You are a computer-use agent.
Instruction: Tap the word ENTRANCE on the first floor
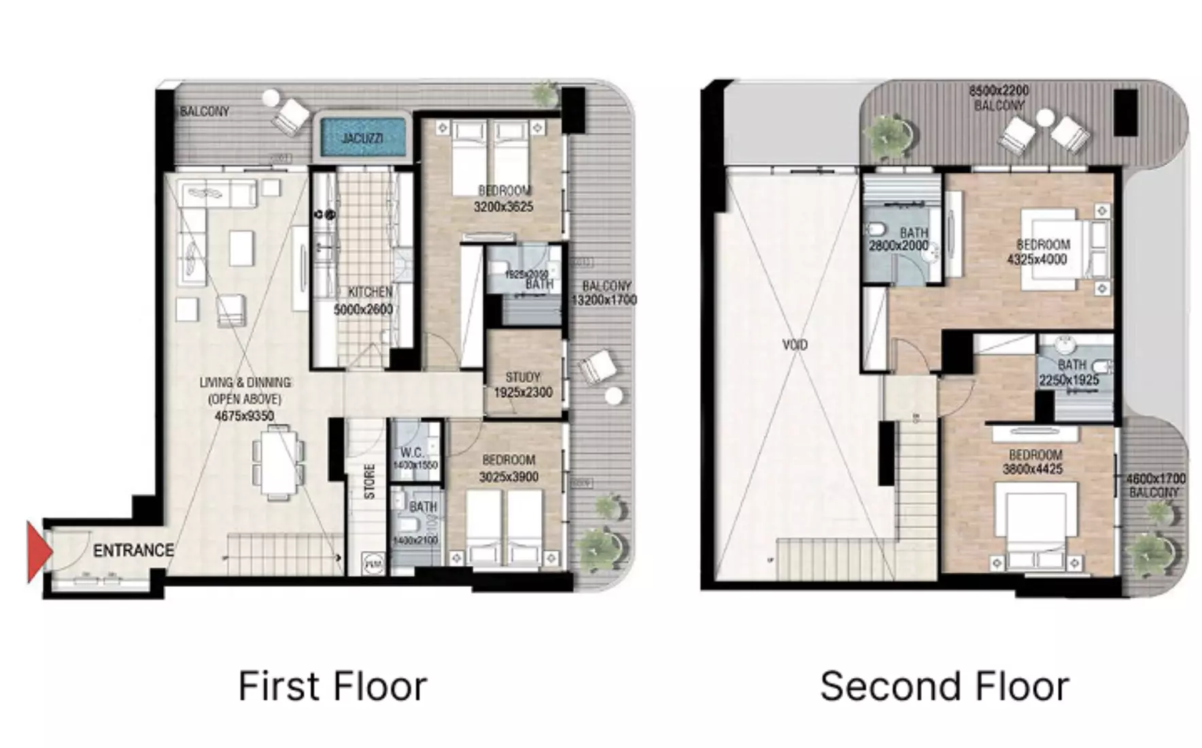click(133, 550)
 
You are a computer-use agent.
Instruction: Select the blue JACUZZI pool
click(362, 138)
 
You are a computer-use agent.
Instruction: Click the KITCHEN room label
click(370, 292)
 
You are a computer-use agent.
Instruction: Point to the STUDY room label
click(523, 377)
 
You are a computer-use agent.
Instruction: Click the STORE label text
click(369, 481)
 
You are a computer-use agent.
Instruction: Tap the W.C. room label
click(411, 453)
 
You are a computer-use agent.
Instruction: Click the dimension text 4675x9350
click(244, 415)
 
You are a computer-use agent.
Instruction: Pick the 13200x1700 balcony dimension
click(604, 300)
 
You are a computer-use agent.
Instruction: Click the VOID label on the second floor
click(795, 345)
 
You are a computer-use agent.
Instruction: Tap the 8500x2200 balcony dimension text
click(998, 90)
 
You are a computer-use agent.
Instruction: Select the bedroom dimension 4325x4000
click(1037, 259)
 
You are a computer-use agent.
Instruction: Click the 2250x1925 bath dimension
click(1069, 380)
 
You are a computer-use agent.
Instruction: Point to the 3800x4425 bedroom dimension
click(1032, 469)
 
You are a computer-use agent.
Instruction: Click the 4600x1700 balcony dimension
click(1156, 479)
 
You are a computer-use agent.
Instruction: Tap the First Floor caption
click(332, 686)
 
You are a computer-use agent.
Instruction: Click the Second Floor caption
click(944, 686)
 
